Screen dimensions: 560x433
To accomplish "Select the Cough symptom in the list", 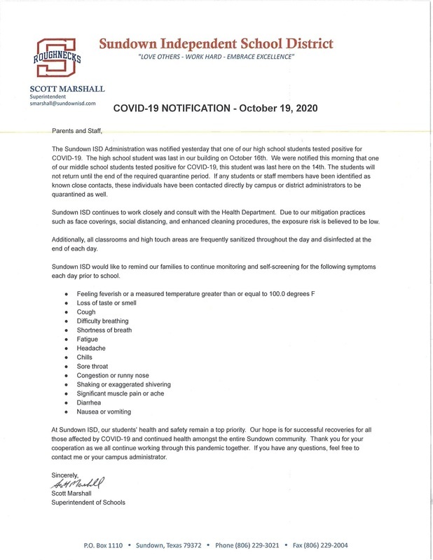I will [88, 311].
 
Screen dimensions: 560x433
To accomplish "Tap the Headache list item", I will [92, 348].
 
